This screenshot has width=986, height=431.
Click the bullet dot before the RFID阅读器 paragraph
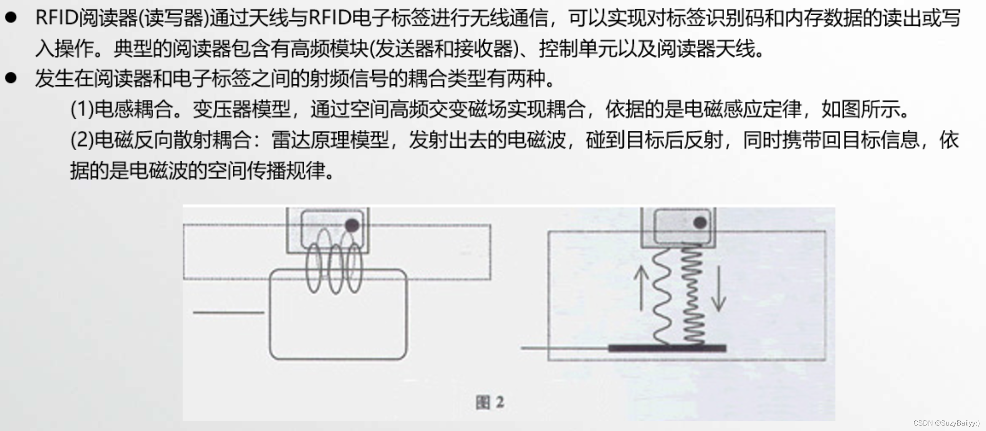coord(11,17)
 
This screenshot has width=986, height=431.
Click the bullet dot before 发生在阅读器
coord(11,78)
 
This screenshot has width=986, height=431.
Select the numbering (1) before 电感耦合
coord(81,109)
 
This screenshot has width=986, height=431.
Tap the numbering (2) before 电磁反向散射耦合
coord(81,140)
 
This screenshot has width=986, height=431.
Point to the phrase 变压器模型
coord(242,109)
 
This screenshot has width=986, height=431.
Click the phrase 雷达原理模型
coord(330,140)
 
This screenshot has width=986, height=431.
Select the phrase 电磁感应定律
coord(742,109)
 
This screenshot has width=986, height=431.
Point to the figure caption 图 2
coord(490,402)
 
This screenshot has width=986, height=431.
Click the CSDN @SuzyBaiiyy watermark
coord(946,423)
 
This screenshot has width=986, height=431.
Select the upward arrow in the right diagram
coord(641,288)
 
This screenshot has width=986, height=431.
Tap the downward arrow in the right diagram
coord(719,289)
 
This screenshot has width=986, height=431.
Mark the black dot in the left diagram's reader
coord(352,225)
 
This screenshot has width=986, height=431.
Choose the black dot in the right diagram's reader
coord(700,222)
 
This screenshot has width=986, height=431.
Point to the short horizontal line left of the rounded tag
coord(228,312)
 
